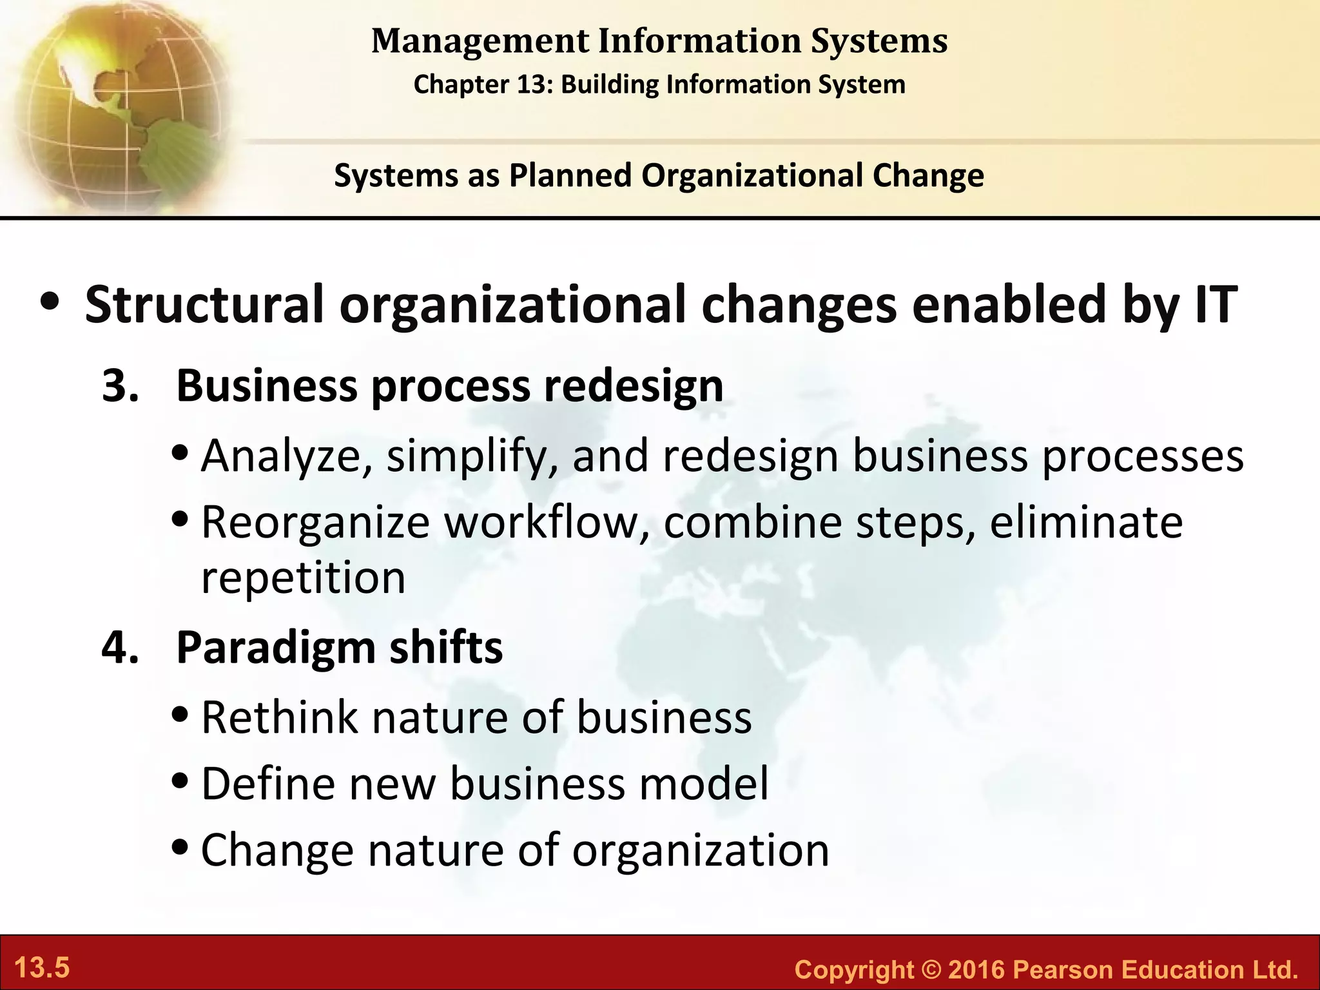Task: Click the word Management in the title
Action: coord(480,41)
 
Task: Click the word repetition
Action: coord(303,577)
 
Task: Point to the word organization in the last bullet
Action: coord(701,851)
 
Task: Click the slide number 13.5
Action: coord(42,968)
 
